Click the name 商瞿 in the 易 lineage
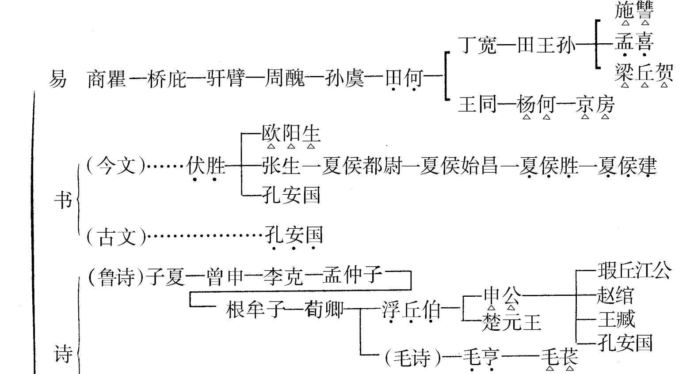[x=107, y=79]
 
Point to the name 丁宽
[x=478, y=45]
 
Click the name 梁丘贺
[x=644, y=73]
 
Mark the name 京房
[x=595, y=105]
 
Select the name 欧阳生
[x=290, y=133]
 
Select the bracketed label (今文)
[x=116, y=166]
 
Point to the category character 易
[x=57, y=79]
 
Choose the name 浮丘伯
[x=411, y=310]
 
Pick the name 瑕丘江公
[x=633, y=270]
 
